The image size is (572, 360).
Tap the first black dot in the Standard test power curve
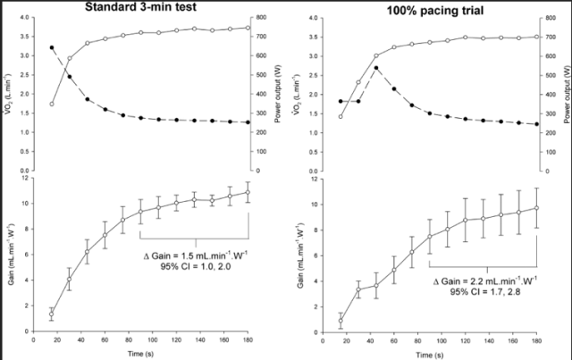pyautogui.click(x=51, y=47)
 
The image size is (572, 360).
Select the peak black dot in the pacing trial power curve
pyautogui.click(x=376, y=68)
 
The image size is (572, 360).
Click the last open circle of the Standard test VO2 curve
pyautogui.click(x=248, y=28)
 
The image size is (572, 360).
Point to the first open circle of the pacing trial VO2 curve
pyautogui.click(x=341, y=116)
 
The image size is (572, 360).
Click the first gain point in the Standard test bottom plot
pyautogui.click(x=51, y=314)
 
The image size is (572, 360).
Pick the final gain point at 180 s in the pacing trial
pyautogui.click(x=537, y=208)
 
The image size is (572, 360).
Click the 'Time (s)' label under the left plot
pyautogui.click(x=140, y=354)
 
